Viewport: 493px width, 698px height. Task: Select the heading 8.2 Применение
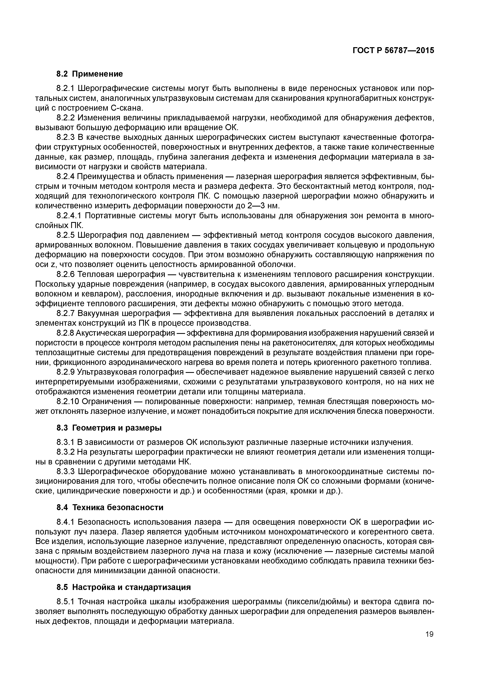click(x=90, y=74)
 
